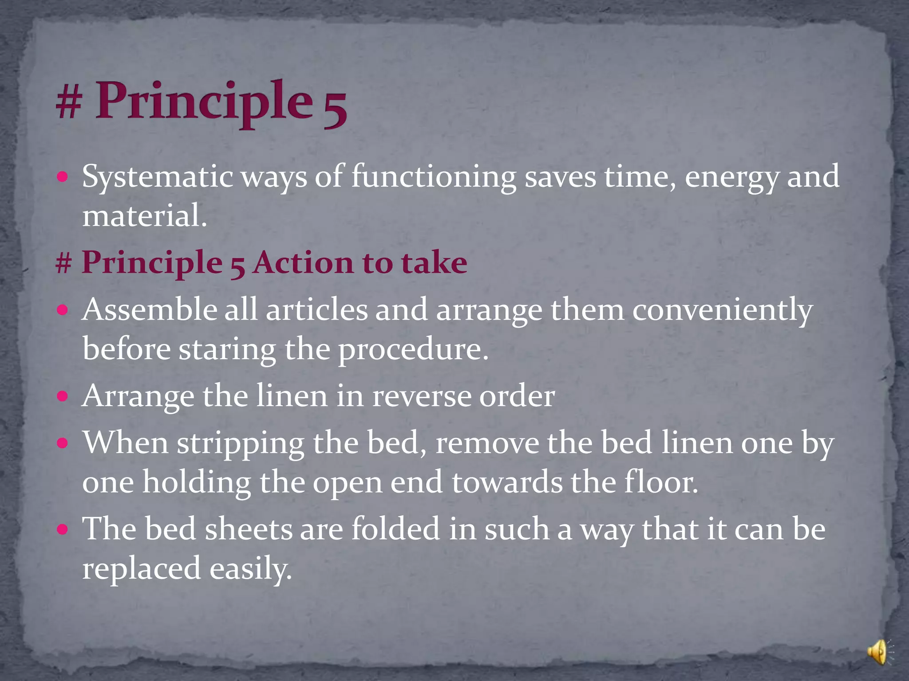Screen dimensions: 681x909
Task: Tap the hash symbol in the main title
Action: pyautogui.click(x=69, y=103)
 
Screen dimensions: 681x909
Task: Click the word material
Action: pyautogui.click(x=144, y=216)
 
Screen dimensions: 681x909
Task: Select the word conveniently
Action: pyautogui.click(x=722, y=311)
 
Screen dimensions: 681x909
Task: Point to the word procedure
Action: pyautogui.click(x=413, y=350)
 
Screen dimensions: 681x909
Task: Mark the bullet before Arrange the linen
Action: pyautogui.click(x=63, y=395)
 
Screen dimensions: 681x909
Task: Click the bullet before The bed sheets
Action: pyautogui.click(x=63, y=529)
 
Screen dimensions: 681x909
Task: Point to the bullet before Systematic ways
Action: pyautogui.click(x=63, y=177)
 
